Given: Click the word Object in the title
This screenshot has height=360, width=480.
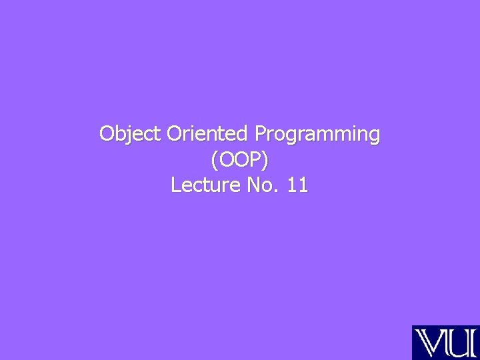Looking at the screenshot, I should [x=130, y=134].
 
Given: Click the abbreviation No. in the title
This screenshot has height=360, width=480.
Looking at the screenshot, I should [x=261, y=184].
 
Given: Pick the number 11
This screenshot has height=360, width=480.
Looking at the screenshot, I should [x=297, y=184].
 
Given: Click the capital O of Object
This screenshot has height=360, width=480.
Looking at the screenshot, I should [x=107, y=134].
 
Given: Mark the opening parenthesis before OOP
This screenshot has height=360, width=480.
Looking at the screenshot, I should [x=213, y=160].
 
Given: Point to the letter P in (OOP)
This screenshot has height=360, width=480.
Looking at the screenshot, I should [x=259, y=159].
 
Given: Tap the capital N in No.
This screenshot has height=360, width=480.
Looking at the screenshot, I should [x=253, y=184].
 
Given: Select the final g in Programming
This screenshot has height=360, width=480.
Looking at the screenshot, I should [x=373, y=137].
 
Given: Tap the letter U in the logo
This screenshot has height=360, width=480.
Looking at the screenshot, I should [x=455, y=343].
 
